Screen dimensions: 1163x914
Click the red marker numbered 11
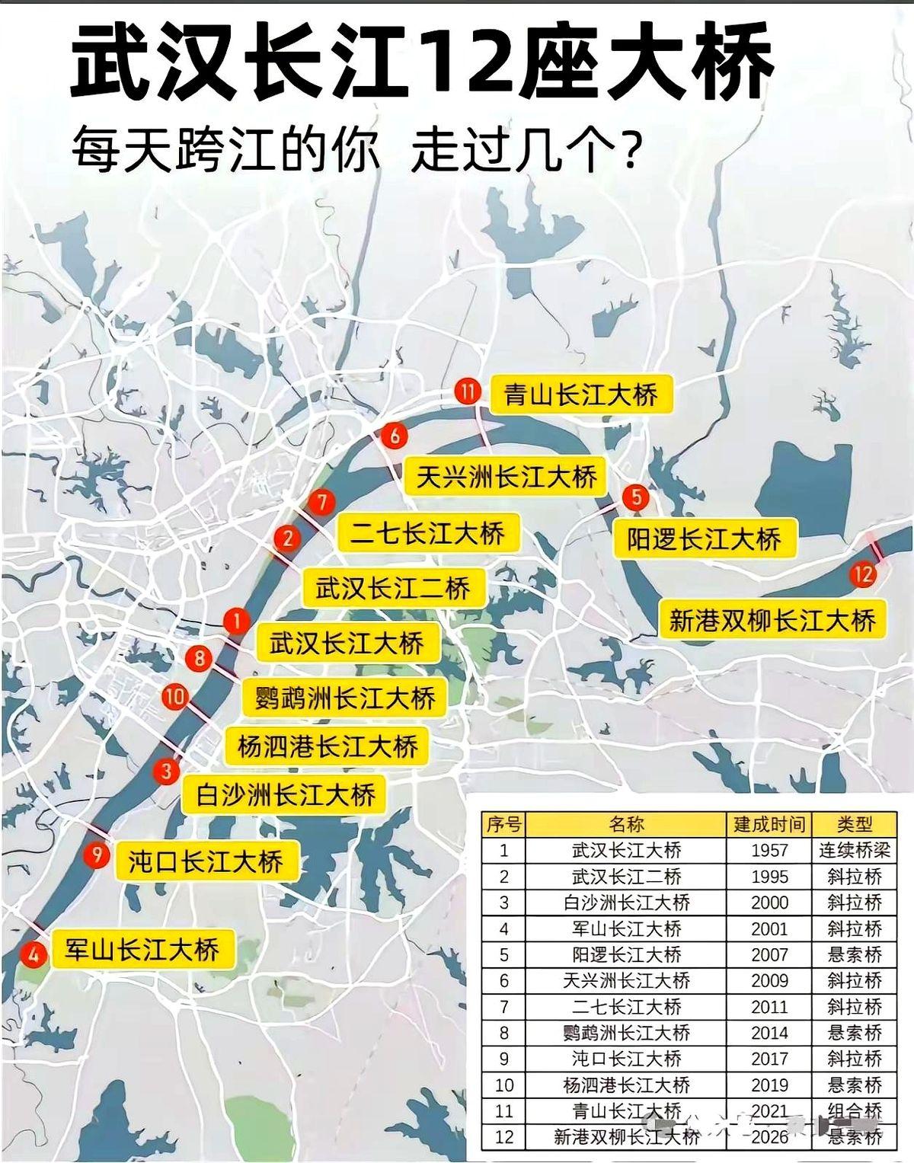coord(468,392)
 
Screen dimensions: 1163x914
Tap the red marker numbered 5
coord(635,497)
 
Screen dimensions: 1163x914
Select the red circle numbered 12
coord(862,574)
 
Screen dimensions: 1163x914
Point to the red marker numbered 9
coord(96,855)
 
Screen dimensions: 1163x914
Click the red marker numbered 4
coord(33,953)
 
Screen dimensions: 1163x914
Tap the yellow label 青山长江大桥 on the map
coord(580,395)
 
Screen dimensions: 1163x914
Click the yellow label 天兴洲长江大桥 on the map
coord(506,477)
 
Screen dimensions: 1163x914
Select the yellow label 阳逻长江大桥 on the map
coord(704,539)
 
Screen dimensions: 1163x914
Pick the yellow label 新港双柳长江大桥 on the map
coord(772,621)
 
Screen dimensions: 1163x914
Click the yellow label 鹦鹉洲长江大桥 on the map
coord(345,698)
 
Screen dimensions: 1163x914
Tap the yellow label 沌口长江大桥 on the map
coord(206,861)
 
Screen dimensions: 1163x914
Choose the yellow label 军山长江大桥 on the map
coord(142,950)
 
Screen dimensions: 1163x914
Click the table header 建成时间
coord(769,824)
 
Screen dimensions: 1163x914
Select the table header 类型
coord(854,824)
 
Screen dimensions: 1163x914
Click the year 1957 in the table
coord(769,850)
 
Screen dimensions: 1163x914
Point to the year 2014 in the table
coord(769,1033)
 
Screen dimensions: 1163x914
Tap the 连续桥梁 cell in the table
coord(854,850)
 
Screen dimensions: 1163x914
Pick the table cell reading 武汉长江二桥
coord(626,876)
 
